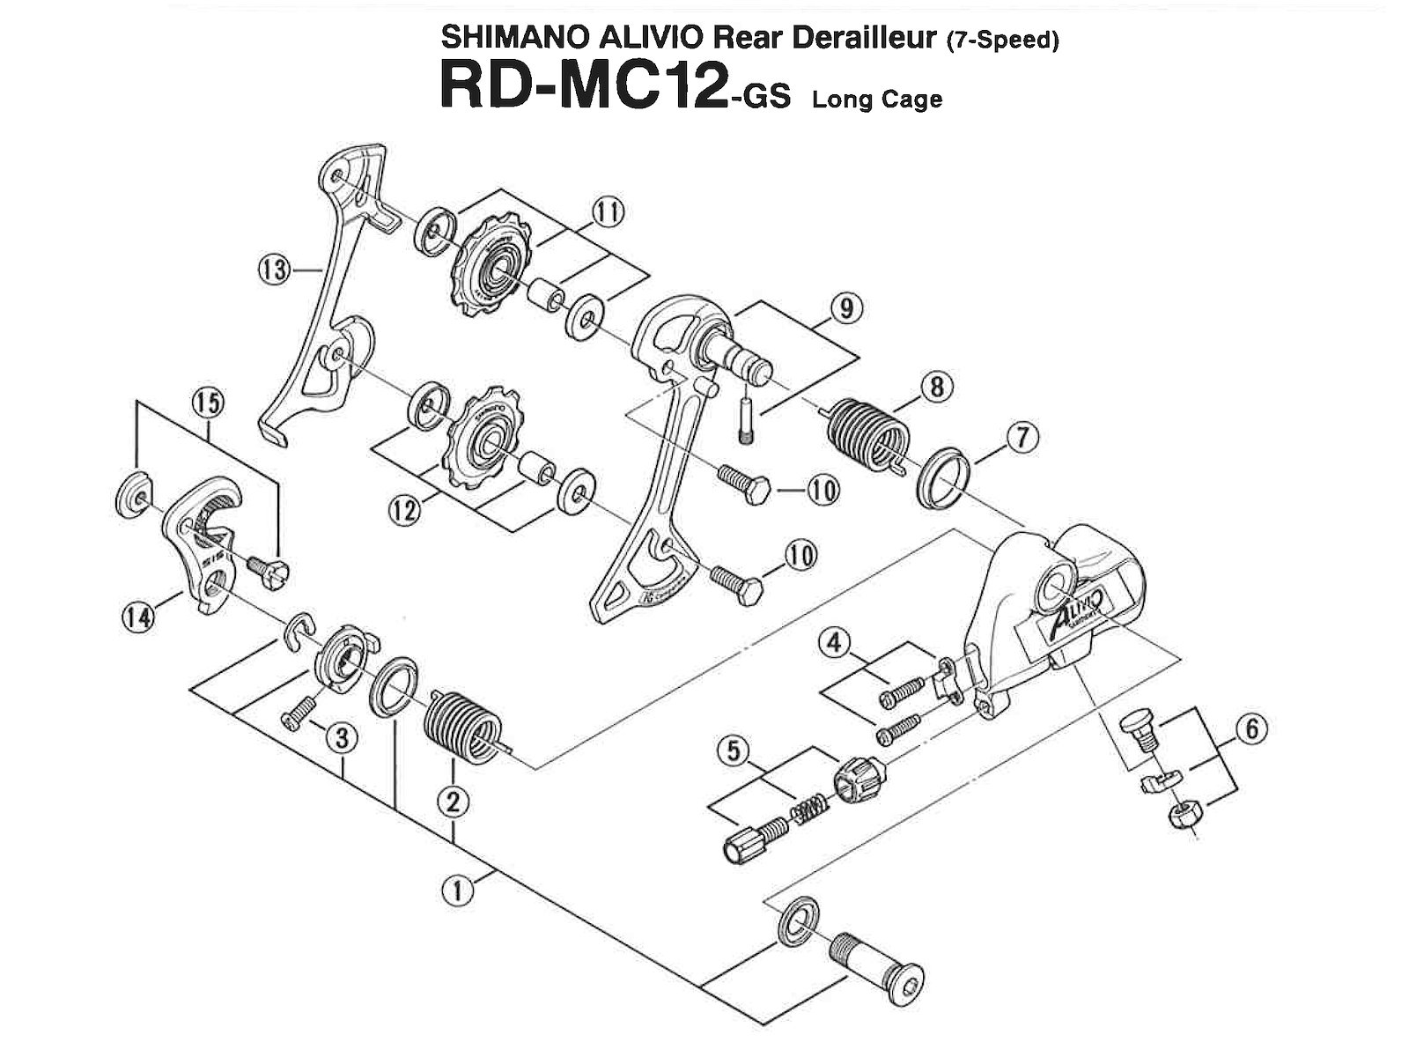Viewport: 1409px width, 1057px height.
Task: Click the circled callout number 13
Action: click(x=274, y=269)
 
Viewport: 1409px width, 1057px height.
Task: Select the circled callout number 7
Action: click(x=1022, y=438)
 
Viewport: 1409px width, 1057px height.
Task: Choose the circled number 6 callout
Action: click(x=1251, y=728)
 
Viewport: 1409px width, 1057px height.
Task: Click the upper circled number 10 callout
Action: click(x=823, y=492)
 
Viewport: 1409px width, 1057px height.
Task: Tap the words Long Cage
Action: click(x=877, y=99)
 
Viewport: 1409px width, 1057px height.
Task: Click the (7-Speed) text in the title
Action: click(x=1002, y=41)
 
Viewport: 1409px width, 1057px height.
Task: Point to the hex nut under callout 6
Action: click(x=1179, y=817)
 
